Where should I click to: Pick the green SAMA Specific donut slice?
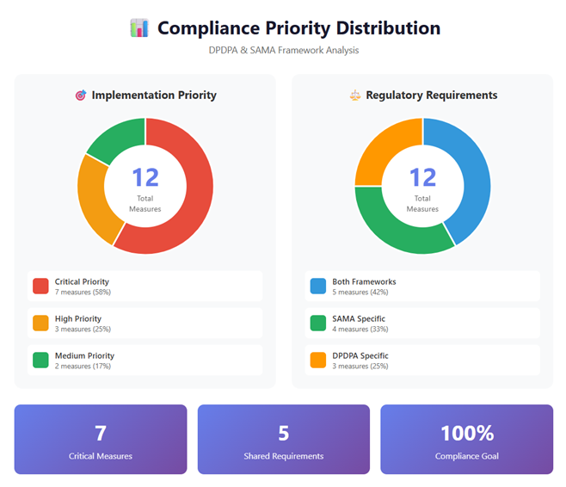point(396,228)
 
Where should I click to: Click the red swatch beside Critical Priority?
point(40,286)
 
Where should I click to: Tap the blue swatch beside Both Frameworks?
point(317,286)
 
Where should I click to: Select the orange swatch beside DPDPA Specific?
point(317,360)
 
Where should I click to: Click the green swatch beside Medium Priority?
point(40,360)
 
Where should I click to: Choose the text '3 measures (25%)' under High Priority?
point(83,329)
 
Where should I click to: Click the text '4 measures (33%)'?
point(360,329)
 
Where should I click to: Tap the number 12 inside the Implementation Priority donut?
point(145,177)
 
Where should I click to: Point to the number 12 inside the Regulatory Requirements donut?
point(422,177)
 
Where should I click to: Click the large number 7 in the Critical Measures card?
point(100,433)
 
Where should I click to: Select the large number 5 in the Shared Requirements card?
point(283,433)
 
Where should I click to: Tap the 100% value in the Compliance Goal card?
point(466,433)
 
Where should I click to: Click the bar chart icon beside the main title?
point(138,28)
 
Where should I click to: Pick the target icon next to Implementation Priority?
point(81,96)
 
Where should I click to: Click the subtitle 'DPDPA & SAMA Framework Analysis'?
point(283,51)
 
